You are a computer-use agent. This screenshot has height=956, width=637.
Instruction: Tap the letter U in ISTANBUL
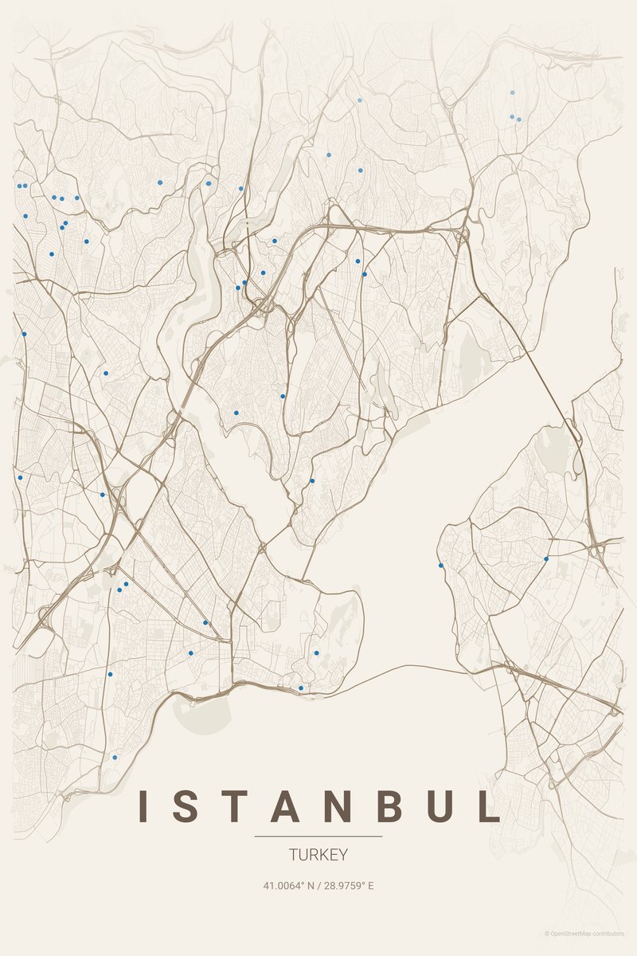(443, 806)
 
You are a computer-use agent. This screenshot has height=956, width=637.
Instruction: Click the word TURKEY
(318, 856)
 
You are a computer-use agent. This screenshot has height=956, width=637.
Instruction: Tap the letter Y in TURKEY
(343, 856)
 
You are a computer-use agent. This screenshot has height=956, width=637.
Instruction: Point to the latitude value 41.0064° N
(288, 885)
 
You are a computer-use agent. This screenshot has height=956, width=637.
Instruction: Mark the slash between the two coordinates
(318, 885)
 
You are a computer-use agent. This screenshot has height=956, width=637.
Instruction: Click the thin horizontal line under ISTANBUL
(318, 836)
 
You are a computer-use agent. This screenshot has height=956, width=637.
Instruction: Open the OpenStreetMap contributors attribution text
(588, 933)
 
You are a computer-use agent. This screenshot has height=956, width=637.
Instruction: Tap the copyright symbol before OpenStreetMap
(547, 933)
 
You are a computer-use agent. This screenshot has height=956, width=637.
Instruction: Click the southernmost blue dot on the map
(115, 757)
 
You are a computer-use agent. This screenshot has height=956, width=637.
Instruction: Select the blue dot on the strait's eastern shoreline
(440, 566)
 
